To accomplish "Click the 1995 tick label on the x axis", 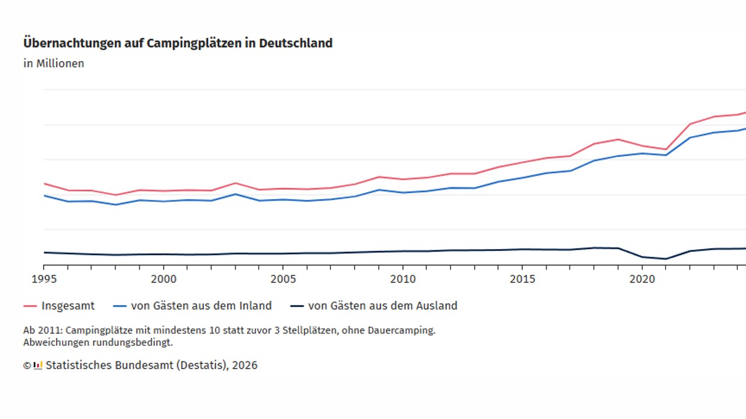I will pyautogui.click(x=44, y=279).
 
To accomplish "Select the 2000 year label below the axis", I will pyautogui.click(x=163, y=279).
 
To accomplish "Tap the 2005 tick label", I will pyautogui.click(x=283, y=279).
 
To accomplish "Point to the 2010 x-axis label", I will pyautogui.click(x=403, y=279).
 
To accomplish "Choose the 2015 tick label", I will pyautogui.click(x=522, y=279).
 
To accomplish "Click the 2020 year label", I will pyautogui.click(x=642, y=279).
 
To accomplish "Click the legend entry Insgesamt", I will pyautogui.click(x=68, y=306).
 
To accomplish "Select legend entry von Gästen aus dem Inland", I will pyautogui.click(x=201, y=306).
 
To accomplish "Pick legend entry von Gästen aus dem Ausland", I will pyautogui.click(x=382, y=306).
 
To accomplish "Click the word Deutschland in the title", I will pyautogui.click(x=295, y=44).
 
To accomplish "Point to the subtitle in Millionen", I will pyautogui.click(x=54, y=63).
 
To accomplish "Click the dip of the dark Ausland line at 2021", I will pyautogui.click(x=666, y=259).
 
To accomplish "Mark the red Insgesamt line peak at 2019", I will pyautogui.click(x=618, y=140).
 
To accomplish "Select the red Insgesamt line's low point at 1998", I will pyautogui.click(x=115, y=195).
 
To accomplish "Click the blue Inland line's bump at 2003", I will pyautogui.click(x=235, y=194).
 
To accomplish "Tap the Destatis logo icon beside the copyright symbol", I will pyautogui.click(x=38, y=365).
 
